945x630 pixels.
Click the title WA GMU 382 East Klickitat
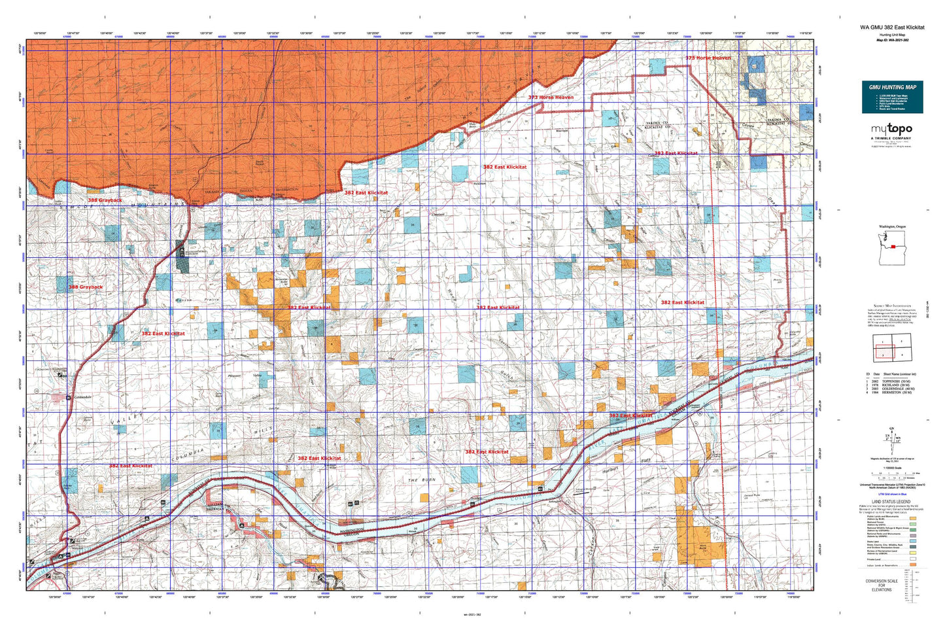[892, 27]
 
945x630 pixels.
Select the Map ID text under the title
[892, 40]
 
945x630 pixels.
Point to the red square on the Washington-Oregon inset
[894, 247]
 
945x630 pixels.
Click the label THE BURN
[421, 481]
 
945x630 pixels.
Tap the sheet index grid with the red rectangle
[893, 347]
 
